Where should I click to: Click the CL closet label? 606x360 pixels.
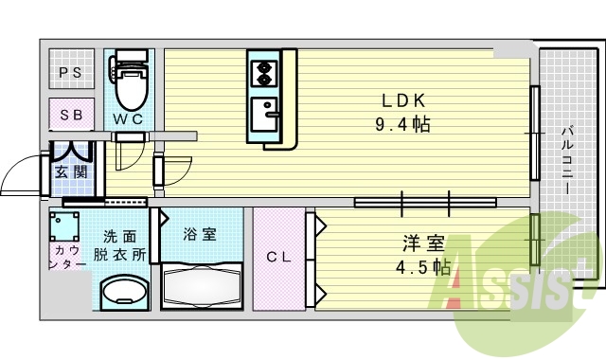[x=277, y=256]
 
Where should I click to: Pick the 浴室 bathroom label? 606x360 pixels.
[x=200, y=234]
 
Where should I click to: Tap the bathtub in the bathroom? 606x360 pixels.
[x=204, y=282]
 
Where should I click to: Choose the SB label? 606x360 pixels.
[x=71, y=115]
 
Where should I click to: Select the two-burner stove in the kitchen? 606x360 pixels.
[x=262, y=69]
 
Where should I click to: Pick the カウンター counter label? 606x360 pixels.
[x=65, y=256]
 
